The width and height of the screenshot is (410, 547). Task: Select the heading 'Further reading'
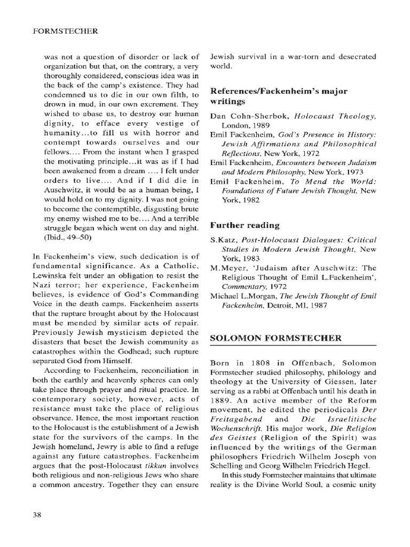(x=245, y=225)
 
